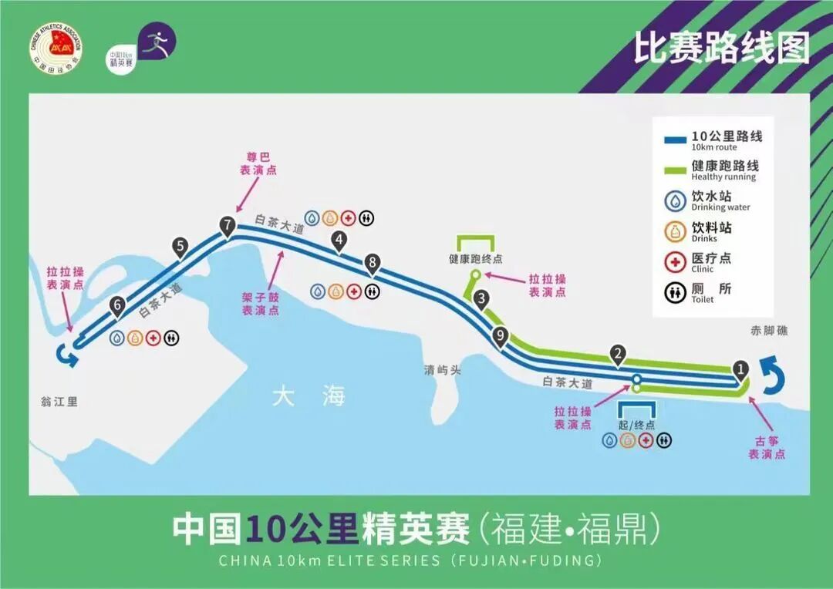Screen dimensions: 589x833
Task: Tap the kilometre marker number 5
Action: [180, 247]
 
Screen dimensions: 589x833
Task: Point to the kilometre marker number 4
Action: [338, 241]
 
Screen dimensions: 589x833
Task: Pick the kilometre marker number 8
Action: [373, 263]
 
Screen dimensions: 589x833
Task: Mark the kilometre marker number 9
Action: [501, 335]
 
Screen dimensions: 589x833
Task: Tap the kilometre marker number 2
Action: [617, 354]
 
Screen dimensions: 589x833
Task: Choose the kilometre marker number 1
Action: [740, 369]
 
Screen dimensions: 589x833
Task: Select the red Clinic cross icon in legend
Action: [676, 262]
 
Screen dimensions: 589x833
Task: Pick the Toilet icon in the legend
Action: [676, 293]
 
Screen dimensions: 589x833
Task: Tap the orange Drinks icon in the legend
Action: [676, 231]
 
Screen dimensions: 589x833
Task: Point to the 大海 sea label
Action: [309, 397]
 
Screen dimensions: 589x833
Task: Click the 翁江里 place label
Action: [60, 402]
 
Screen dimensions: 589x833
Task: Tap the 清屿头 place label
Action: [443, 370]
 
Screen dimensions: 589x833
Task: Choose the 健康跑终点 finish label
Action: [476, 260]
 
